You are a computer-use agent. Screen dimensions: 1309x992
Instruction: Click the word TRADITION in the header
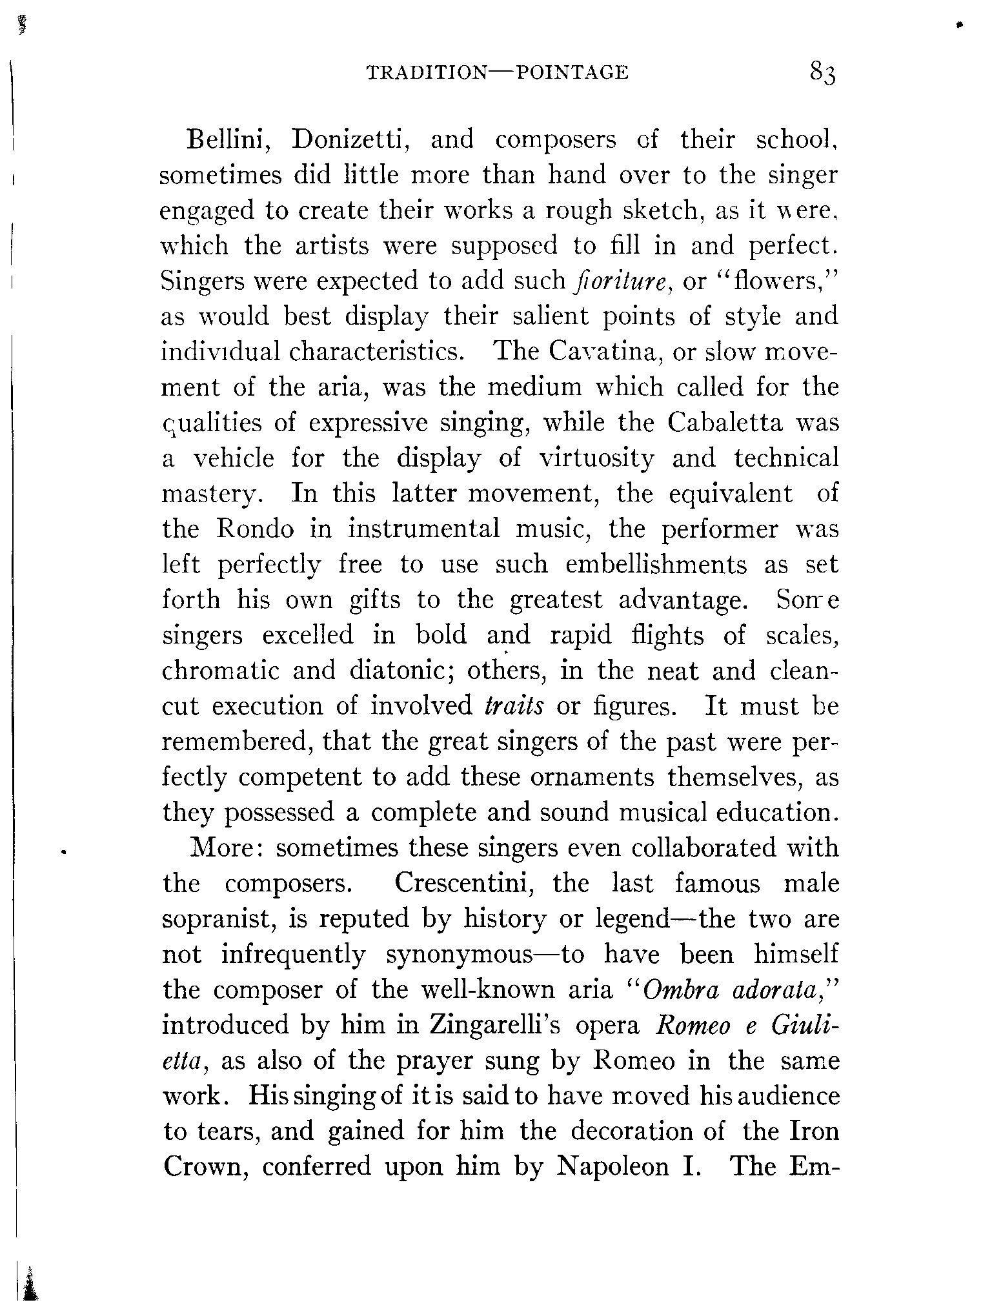427,72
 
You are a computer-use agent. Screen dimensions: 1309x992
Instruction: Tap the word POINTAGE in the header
572,72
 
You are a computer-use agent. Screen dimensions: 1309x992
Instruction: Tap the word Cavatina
605,352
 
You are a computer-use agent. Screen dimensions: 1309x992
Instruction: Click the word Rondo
255,529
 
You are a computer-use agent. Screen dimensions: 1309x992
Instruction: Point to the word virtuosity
596,458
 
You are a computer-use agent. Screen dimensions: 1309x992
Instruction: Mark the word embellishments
656,565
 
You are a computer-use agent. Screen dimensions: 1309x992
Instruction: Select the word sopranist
219,919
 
